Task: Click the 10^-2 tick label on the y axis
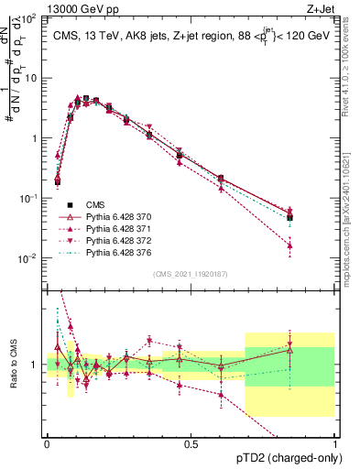(30, 258)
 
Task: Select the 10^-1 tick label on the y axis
(30, 198)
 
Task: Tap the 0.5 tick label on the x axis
(191, 444)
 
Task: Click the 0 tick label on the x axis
(47, 444)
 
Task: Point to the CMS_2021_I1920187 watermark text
(191, 274)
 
